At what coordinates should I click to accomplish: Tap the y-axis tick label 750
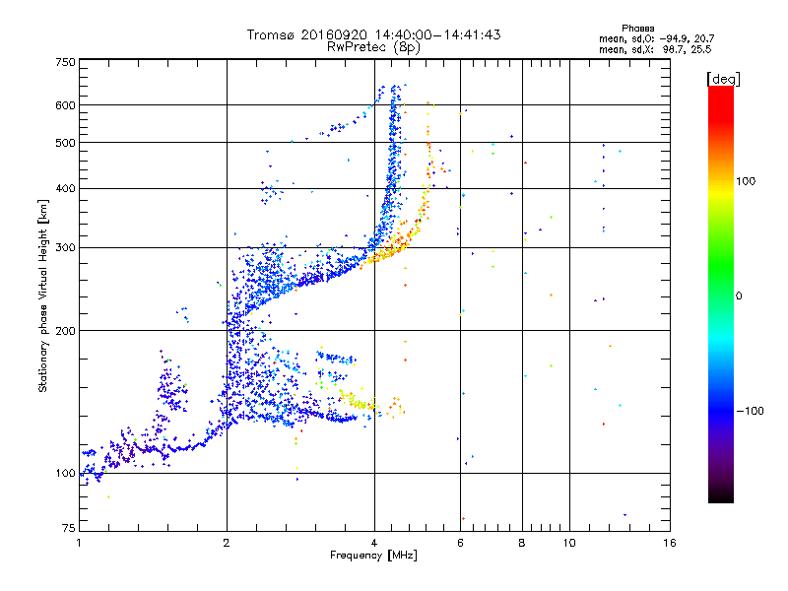click(x=65, y=62)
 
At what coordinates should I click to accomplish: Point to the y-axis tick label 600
click(x=65, y=105)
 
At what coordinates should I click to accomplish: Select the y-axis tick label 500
click(x=65, y=143)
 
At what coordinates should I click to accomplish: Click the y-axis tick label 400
click(x=65, y=188)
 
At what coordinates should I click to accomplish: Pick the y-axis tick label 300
click(x=65, y=247)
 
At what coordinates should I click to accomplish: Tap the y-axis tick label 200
click(x=65, y=330)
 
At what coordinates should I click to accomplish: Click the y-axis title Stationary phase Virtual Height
click(x=43, y=295)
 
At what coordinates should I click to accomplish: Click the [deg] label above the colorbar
click(x=724, y=78)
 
